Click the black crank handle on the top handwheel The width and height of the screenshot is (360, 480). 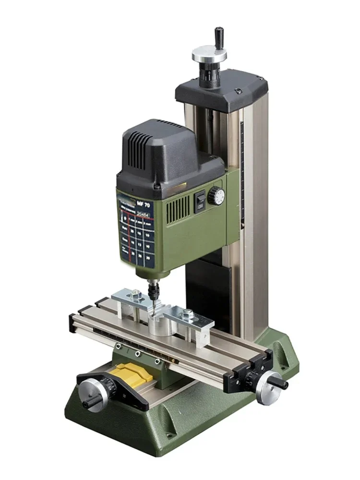pos(219,36)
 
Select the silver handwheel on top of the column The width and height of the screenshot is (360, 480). pos(210,55)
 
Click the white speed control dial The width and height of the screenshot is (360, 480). pos(216,196)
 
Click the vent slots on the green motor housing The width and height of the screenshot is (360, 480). pos(179,210)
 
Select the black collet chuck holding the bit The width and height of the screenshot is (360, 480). pos(155,288)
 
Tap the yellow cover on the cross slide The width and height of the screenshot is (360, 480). pos(134,372)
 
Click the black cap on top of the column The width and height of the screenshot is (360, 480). pos(221,89)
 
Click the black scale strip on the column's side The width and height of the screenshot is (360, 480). pos(243,163)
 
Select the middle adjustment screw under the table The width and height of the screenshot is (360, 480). pos(137,354)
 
